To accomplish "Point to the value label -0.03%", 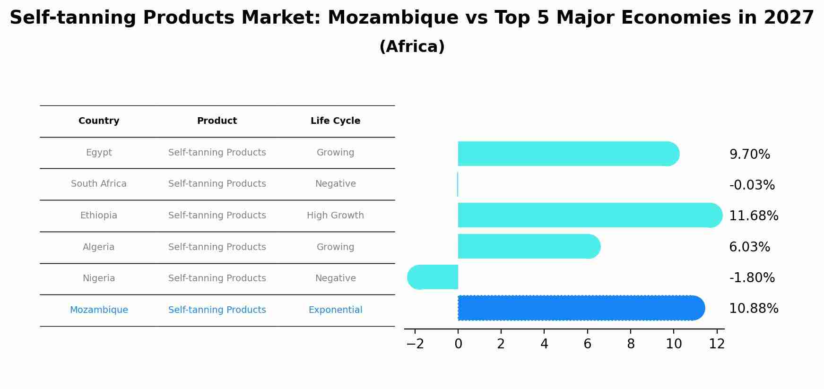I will pyautogui.click(x=752, y=185).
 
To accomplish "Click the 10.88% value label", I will pyautogui.click(x=753, y=309).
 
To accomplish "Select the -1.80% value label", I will pyautogui.click(x=752, y=278).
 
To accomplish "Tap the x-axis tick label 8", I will pyautogui.click(x=631, y=344).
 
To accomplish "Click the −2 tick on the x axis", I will pyautogui.click(x=415, y=344).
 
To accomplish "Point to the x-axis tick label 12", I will pyautogui.click(x=717, y=344).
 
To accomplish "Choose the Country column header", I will pyautogui.click(x=99, y=121).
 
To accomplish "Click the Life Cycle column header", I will pyautogui.click(x=335, y=121).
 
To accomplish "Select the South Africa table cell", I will pyautogui.click(x=99, y=184).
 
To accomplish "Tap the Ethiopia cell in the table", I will pyautogui.click(x=99, y=216).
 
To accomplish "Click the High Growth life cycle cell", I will pyautogui.click(x=335, y=216).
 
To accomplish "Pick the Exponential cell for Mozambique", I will pyautogui.click(x=335, y=310).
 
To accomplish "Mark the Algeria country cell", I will pyautogui.click(x=99, y=247).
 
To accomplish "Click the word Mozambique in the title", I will pyautogui.click(x=393, y=18).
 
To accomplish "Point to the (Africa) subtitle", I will pyautogui.click(x=412, y=47).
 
